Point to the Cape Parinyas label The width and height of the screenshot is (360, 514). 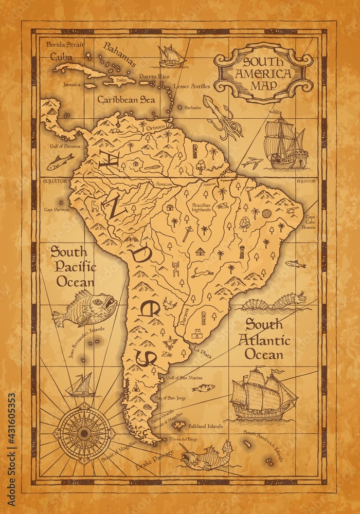point(56,209)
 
